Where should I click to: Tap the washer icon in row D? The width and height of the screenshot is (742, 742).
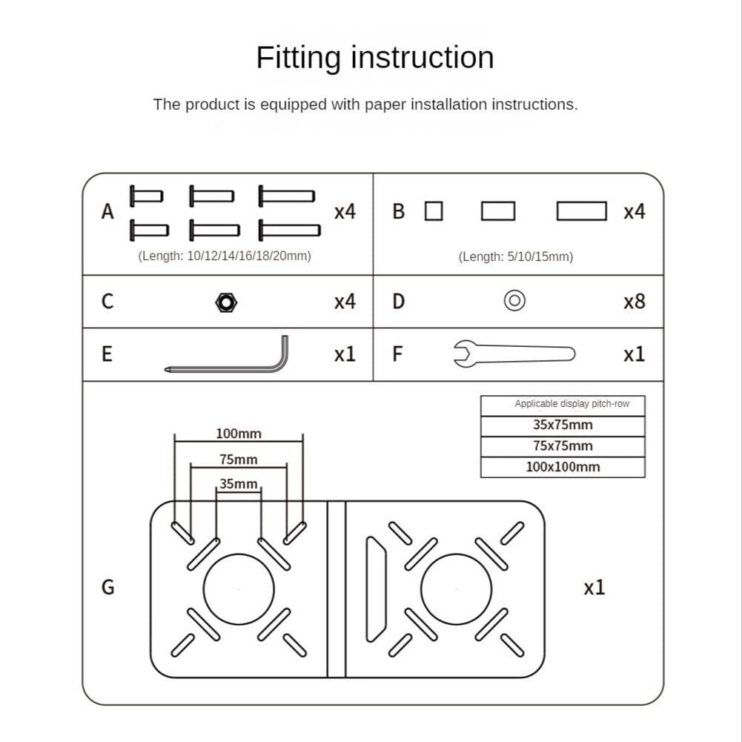coord(514,301)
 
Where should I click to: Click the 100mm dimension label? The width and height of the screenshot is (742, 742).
coord(239,434)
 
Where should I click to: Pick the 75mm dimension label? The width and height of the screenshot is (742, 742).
coord(239,460)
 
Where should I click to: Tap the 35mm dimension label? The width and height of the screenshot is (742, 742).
coord(239,484)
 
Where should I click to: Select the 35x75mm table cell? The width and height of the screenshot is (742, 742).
coord(563,425)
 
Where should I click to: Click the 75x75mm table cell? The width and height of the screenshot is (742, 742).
coord(563,446)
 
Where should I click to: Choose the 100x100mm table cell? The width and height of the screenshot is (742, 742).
coord(563,467)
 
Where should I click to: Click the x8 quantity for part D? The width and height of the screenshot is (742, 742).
coord(634,302)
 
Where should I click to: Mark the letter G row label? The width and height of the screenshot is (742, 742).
coord(108,587)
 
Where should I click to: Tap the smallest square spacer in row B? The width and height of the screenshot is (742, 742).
coord(434,212)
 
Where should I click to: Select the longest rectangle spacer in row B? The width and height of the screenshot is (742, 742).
coord(582,212)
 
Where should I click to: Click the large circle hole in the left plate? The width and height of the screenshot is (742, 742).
coord(239,589)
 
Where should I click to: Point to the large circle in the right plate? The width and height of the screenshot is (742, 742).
coord(457,589)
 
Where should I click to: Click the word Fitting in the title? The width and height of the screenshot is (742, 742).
coord(299,58)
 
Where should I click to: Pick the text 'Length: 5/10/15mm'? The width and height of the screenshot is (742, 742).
coord(515,257)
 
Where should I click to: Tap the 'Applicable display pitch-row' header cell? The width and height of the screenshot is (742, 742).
coord(563,405)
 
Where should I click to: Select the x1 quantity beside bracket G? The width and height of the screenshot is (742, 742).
coord(594,588)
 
